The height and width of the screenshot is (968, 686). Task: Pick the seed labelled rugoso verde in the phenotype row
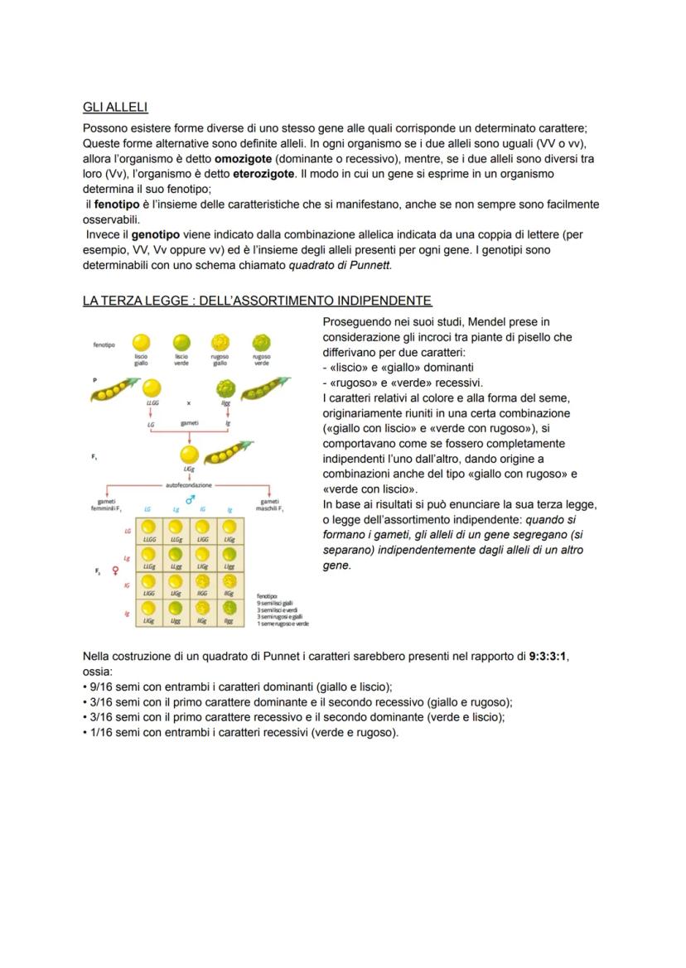[261, 342]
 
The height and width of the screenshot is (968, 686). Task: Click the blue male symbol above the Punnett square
[190, 499]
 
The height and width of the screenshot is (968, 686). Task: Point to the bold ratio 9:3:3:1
[548, 657]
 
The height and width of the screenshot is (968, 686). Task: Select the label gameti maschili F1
[270, 503]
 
